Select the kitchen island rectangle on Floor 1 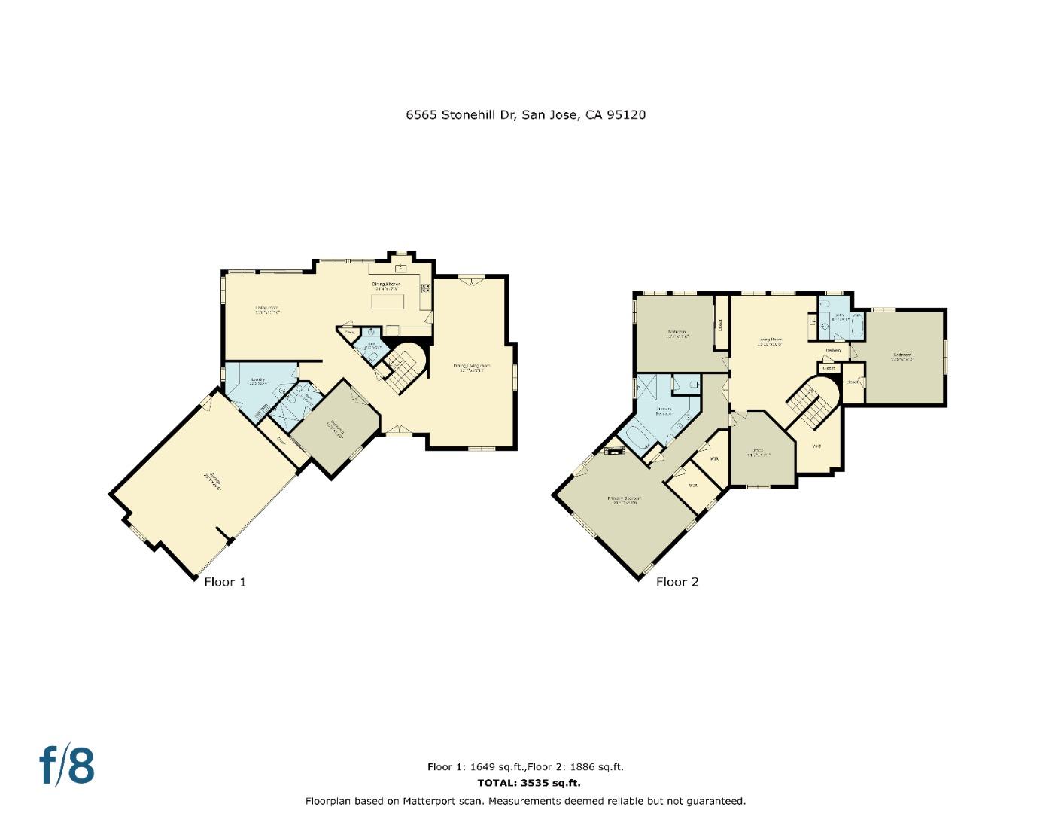(x=388, y=301)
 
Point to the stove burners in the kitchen (x=425, y=287)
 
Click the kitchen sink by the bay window (x=401, y=267)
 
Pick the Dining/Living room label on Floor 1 (x=472, y=367)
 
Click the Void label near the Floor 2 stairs (x=816, y=446)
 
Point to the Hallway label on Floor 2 (x=833, y=350)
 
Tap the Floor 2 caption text (x=677, y=581)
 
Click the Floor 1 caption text (x=225, y=581)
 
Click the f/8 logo (x=67, y=766)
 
